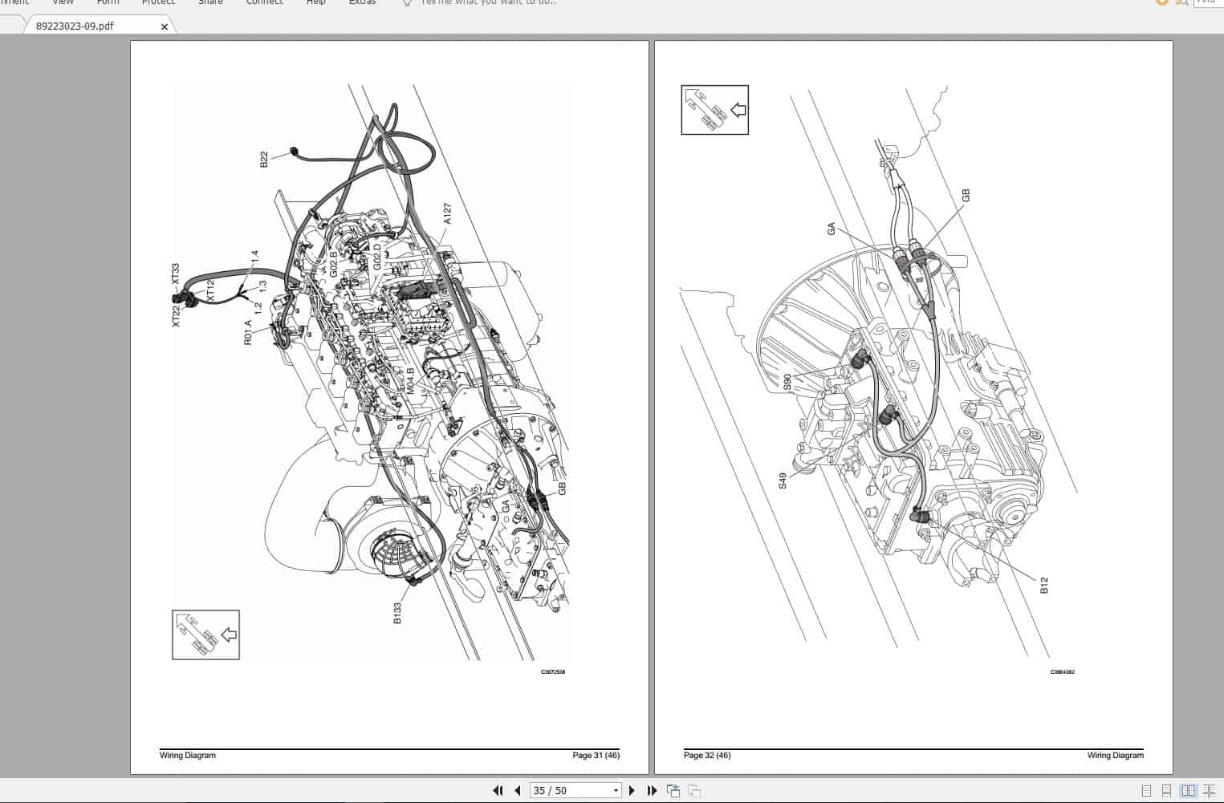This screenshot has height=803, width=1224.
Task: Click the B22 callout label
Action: coord(264,160)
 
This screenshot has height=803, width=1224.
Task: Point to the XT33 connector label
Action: coord(176,272)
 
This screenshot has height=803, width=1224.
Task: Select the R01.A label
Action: coord(249,332)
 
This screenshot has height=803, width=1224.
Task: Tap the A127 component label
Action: coord(448,213)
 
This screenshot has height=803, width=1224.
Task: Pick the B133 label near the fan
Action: coord(397,612)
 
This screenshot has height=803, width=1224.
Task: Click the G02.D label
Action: coord(377,258)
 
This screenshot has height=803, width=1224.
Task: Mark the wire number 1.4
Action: coord(255,258)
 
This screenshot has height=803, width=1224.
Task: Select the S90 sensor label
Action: coord(787,382)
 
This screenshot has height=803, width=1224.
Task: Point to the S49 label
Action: coord(783,481)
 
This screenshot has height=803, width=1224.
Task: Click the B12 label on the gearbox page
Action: coord(1044,586)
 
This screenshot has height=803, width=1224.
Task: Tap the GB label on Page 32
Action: coord(966,195)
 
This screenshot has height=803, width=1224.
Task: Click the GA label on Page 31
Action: coord(506,506)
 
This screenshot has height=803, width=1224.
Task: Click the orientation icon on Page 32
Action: coord(714,110)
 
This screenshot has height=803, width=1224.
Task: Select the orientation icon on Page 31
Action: coord(205,635)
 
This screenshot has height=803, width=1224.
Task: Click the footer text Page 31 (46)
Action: coord(596,755)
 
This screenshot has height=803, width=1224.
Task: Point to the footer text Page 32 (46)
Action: coord(707,755)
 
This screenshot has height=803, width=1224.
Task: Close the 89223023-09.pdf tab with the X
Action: coord(165,26)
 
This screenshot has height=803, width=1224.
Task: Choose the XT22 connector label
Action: coord(176,315)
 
